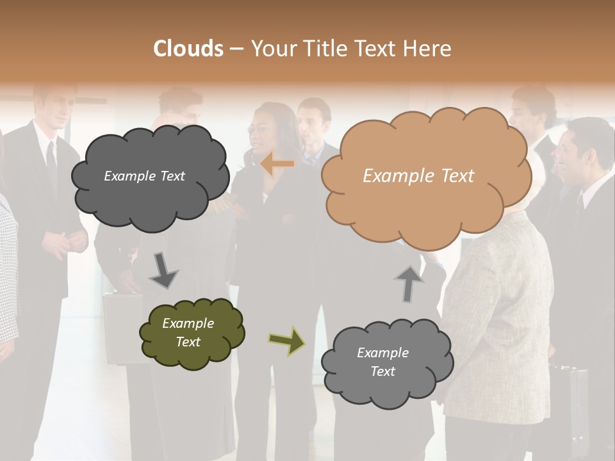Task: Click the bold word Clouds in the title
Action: [x=188, y=49]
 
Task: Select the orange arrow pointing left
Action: [x=277, y=164]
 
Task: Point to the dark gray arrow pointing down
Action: [x=163, y=270]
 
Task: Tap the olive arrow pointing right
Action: [x=286, y=341]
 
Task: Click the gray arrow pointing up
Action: [x=409, y=284]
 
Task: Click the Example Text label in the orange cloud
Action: [x=418, y=176]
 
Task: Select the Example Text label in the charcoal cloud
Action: [x=144, y=176]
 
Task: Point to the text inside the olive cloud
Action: [x=188, y=332]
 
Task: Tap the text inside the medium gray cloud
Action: [x=382, y=362]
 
